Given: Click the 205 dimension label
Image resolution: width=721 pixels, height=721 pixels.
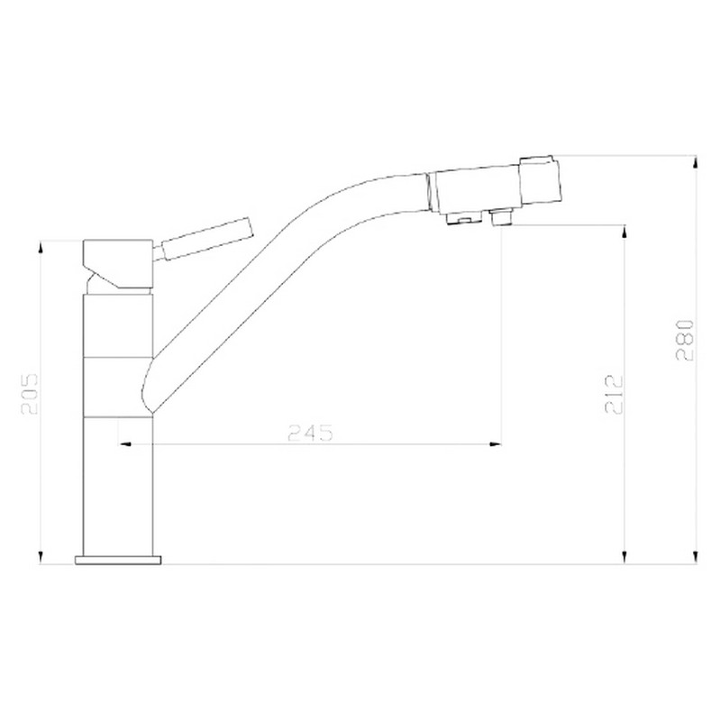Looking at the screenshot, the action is (x=30, y=395).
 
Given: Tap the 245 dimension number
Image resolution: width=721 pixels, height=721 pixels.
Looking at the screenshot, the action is (x=310, y=433).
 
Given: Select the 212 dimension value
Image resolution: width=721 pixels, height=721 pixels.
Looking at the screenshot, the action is (x=614, y=395).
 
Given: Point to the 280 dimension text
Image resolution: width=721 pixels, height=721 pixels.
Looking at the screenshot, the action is (x=685, y=340).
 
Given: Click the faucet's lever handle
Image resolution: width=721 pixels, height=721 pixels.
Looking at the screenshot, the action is (x=205, y=239).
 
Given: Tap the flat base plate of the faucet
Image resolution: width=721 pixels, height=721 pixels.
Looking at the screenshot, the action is (x=118, y=560).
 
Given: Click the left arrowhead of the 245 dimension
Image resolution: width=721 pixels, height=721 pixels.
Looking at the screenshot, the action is (x=125, y=444).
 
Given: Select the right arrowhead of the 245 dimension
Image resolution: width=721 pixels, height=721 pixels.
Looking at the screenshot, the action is (x=495, y=444).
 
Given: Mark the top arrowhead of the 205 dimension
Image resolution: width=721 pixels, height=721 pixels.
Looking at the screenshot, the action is (x=41, y=247).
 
